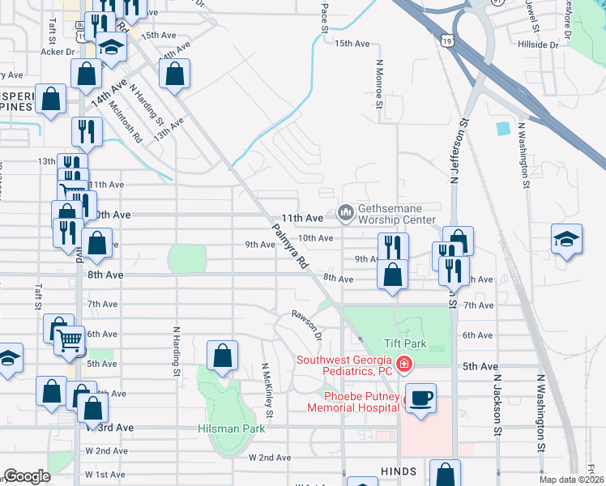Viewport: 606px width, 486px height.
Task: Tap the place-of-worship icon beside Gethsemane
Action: [346, 213]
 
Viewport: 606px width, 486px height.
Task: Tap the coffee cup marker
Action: [420, 399]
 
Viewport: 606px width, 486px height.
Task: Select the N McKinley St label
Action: [266, 390]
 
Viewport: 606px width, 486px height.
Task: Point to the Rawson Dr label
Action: [308, 323]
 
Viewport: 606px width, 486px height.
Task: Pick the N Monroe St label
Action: [378, 83]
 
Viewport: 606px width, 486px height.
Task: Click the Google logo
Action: [27, 476]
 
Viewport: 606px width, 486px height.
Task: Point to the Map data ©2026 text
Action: [570, 480]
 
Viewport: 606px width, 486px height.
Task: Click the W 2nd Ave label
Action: [270, 458]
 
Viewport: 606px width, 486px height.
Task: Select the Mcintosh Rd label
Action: [127, 126]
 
